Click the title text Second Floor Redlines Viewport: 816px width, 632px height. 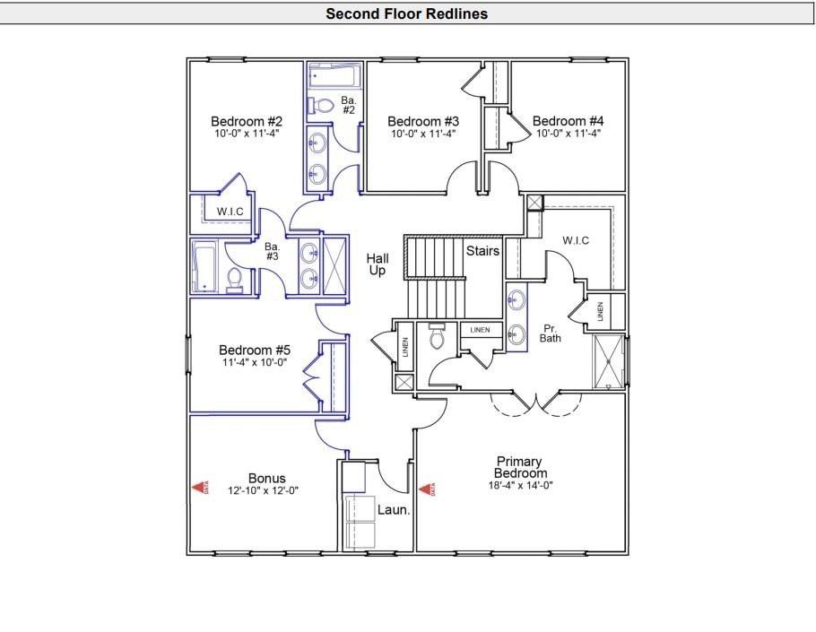(406, 13)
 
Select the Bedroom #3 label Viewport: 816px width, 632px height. (423, 122)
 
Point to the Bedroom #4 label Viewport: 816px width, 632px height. (568, 122)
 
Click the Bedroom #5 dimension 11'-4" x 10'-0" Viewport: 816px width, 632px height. (256, 363)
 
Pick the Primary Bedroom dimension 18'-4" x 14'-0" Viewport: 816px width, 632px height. (520, 486)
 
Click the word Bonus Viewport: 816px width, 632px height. (266, 479)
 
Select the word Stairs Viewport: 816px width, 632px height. (482, 251)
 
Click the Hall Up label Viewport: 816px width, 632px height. (377, 264)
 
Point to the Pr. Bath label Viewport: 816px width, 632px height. (550, 333)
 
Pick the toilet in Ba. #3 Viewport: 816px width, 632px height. (236, 281)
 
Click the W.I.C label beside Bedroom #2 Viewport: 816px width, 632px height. (230, 212)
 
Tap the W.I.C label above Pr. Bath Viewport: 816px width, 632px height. (575, 240)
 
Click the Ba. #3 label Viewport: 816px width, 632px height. (273, 251)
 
